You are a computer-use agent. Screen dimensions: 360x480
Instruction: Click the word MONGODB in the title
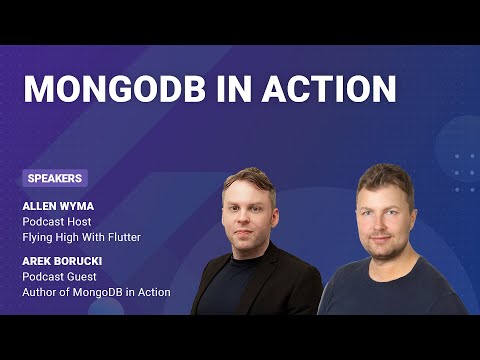(113, 88)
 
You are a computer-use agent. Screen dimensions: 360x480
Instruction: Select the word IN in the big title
(231, 88)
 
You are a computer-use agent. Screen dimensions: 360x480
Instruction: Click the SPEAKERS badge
(55, 179)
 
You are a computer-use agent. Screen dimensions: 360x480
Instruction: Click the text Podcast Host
(58, 222)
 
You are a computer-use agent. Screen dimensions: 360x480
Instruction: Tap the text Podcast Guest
(60, 277)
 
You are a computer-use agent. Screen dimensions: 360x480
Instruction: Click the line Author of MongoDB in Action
(96, 293)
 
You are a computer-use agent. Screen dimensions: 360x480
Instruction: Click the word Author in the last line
(41, 293)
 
